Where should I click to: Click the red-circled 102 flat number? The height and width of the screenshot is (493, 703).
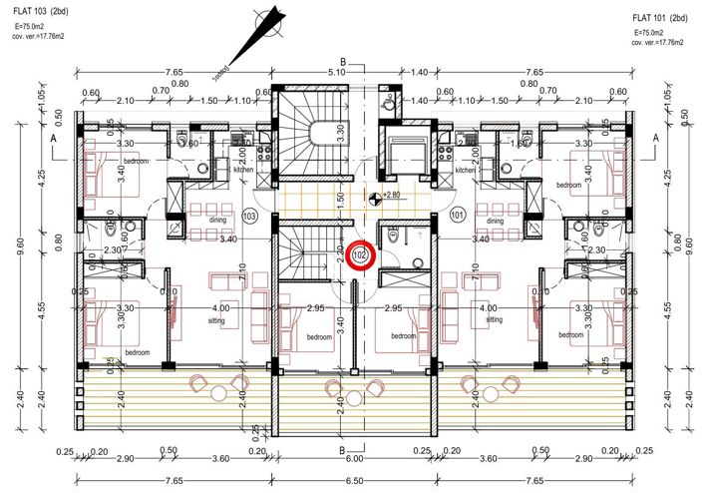coord(361,255)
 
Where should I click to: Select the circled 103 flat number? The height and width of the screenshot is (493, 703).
coord(250,216)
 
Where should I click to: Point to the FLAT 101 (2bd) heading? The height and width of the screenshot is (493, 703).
coord(660,19)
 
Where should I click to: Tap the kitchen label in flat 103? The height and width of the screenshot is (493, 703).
coord(244,171)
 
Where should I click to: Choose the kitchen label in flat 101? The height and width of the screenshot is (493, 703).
coord(466,171)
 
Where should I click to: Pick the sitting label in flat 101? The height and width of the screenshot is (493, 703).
coord(491,321)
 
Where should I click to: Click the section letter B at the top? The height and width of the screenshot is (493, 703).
coord(342,61)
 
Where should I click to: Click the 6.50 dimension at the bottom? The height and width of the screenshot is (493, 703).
coord(353,481)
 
